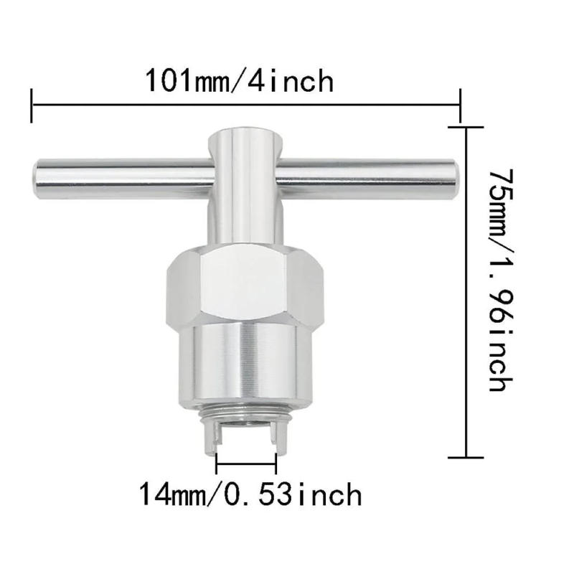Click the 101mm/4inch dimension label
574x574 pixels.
(240, 80)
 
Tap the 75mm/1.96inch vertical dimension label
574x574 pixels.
(499, 280)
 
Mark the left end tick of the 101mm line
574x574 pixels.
(32, 105)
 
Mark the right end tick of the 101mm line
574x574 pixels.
(459, 105)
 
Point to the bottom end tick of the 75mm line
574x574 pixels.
(467, 456)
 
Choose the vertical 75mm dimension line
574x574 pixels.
(467, 287)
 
